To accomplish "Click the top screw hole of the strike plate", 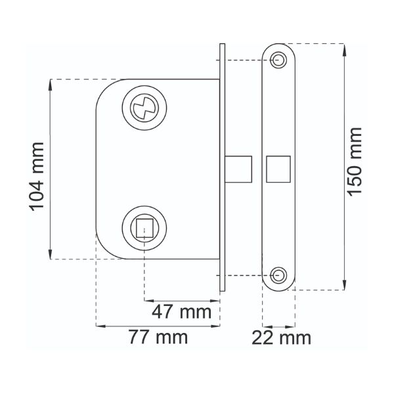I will point(279,60).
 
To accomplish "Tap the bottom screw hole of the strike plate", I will point(279,274).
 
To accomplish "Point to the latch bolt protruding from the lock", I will point(238,169).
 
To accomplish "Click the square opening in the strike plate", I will point(278,169).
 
